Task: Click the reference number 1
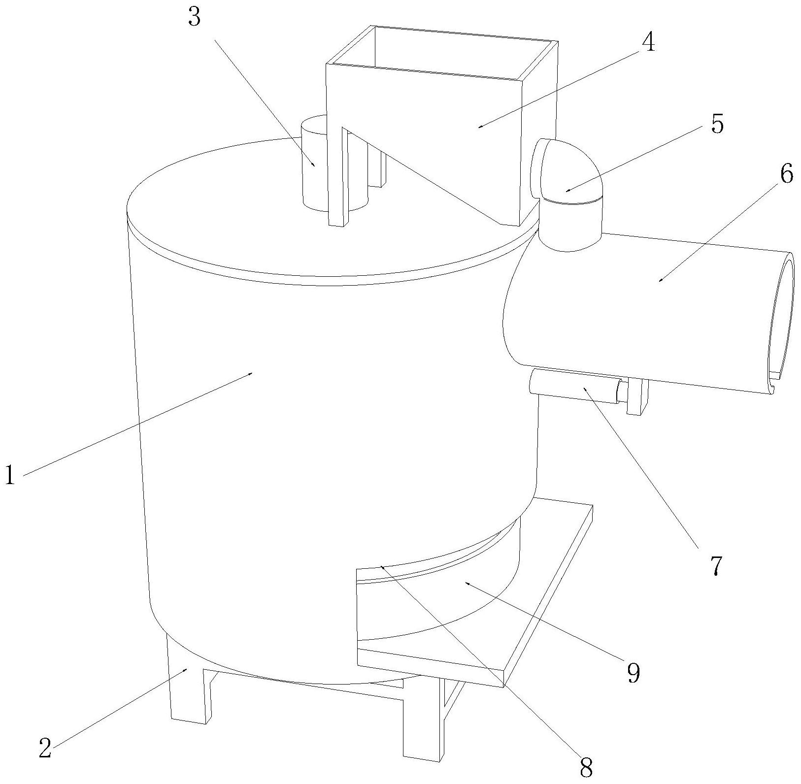[x=9, y=476]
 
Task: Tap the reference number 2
[x=45, y=749]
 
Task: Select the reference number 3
[x=195, y=18]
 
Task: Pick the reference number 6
[x=787, y=174]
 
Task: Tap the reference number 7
[x=715, y=566]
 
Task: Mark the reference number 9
[x=633, y=673]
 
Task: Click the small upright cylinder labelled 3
[x=315, y=167]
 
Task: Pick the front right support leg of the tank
[x=419, y=729]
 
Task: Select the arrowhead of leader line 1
[x=252, y=373]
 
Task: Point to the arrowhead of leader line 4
[x=479, y=128]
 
